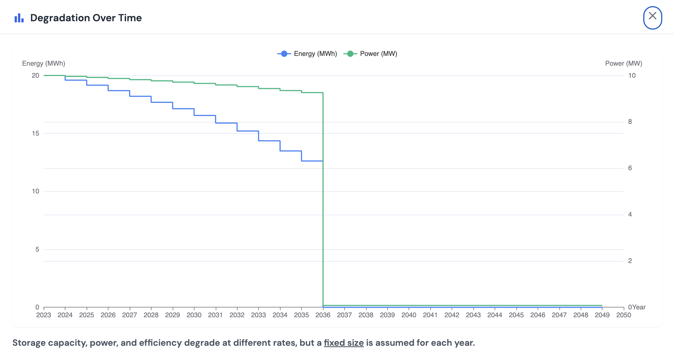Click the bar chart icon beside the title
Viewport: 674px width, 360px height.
(19, 18)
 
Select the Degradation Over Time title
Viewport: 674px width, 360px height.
(86, 18)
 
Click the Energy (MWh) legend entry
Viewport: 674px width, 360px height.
(307, 54)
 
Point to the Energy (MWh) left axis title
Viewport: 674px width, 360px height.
(44, 63)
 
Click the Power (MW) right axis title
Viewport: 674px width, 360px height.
(623, 63)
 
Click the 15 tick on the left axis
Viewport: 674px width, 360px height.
(35, 133)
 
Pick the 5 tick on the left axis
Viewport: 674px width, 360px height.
(37, 249)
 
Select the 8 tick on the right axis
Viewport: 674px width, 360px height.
(630, 122)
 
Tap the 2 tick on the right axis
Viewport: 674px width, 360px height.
(630, 261)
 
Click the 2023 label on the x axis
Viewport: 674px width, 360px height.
(44, 315)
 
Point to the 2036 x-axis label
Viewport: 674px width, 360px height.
(323, 315)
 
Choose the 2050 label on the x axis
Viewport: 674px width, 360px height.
(623, 315)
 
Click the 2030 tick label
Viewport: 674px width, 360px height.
(194, 315)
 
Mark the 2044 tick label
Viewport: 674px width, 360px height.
(495, 315)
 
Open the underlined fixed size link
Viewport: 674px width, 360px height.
(344, 343)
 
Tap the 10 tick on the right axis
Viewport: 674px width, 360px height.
(632, 75)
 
